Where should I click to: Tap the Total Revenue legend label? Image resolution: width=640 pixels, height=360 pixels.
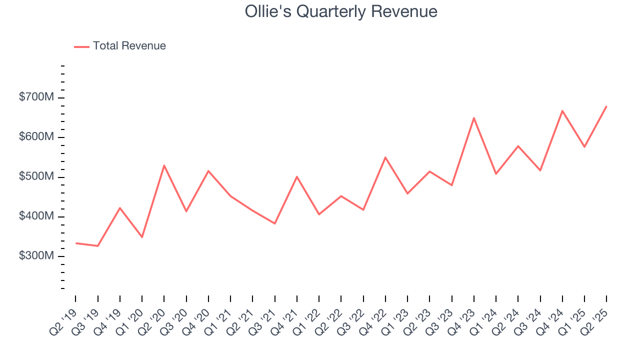129,46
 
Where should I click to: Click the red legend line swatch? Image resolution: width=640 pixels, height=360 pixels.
81,46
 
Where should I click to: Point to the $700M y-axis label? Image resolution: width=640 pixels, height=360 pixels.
36,97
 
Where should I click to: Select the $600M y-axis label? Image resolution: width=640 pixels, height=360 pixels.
36,137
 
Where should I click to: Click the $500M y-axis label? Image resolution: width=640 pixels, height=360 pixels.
36,177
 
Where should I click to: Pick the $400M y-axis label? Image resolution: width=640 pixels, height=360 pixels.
36,216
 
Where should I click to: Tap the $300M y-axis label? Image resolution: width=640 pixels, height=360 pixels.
36,256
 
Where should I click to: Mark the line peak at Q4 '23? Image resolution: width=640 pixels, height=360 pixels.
473,118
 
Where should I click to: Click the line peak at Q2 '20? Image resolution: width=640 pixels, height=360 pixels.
164,165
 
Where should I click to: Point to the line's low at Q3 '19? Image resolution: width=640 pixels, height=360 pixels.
97,246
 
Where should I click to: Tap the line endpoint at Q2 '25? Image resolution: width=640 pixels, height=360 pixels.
606,106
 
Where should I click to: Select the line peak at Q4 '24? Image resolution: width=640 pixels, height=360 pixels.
562,110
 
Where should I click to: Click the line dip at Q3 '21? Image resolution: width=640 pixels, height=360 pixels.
274,223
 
